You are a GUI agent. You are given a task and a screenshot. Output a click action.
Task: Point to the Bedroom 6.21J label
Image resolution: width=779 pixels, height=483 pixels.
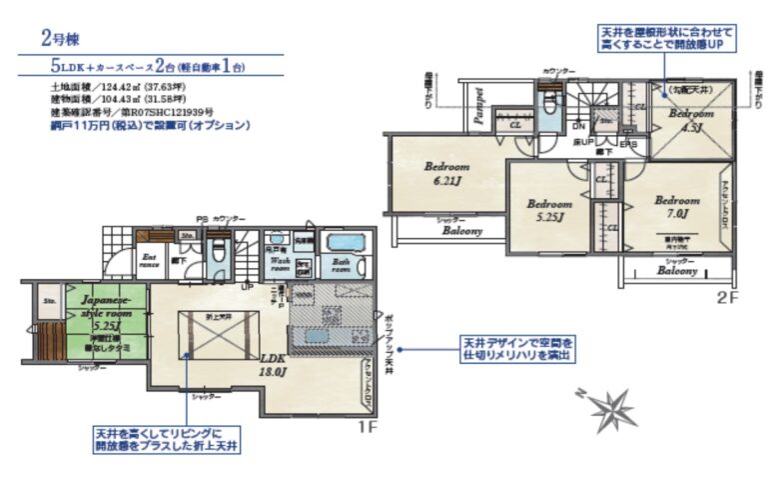[446, 172]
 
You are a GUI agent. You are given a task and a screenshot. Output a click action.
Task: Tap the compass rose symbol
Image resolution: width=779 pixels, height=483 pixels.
[606, 408]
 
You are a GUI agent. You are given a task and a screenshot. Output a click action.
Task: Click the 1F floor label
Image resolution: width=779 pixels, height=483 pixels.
[366, 427]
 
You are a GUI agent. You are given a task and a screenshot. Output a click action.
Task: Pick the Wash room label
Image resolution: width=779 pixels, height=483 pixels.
[281, 265]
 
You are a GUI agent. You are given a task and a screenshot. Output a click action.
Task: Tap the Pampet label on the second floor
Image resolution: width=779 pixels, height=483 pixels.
[478, 108]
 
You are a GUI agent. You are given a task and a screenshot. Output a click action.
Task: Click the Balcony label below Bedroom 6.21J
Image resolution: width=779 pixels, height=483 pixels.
[462, 230]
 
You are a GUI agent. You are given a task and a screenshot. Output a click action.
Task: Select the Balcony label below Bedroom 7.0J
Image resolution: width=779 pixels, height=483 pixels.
[677, 272]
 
